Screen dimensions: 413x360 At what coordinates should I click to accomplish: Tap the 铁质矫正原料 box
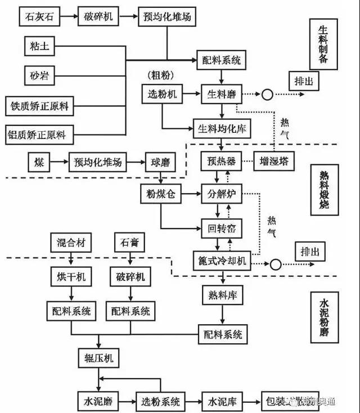39,105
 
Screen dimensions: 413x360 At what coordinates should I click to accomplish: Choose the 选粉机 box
162,94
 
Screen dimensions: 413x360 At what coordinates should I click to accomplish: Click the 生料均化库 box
222,129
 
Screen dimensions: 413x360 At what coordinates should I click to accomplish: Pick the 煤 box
38,163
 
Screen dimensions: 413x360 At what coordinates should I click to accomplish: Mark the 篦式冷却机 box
222,261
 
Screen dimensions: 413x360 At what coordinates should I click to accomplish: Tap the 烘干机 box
70,277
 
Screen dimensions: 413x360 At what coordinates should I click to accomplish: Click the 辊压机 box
98,358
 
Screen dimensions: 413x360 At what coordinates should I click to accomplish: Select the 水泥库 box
222,401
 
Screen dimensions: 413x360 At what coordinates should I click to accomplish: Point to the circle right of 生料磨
267,95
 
